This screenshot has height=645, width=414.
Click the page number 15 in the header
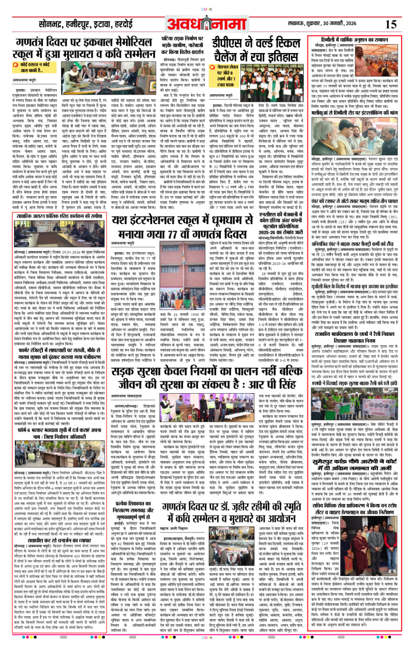pos(391,25)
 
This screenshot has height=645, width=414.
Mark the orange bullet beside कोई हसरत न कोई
pos(15,65)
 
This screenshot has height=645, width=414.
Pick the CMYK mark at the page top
pos(207,9)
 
